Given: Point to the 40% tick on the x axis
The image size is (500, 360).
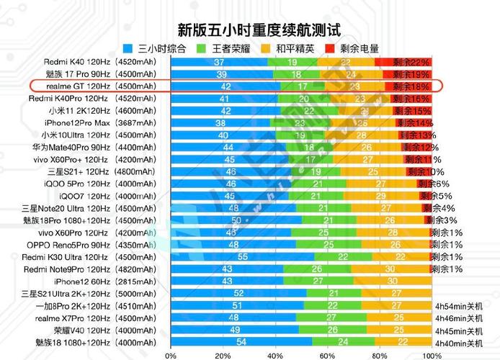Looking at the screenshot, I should pyautogui.click(x=274, y=355).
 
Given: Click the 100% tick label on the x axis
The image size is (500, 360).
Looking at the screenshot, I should pyautogui.click(x=431, y=355).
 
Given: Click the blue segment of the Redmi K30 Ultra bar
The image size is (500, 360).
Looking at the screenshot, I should pyautogui.click(x=242, y=257).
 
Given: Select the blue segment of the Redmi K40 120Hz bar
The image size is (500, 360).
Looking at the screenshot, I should pyautogui.click(x=219, y=62).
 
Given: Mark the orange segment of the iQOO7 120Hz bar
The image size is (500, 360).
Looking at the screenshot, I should pyautogui.click(x=380, y=196).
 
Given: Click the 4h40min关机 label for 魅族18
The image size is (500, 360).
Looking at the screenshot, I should pyautogui.click(x=459, y=343).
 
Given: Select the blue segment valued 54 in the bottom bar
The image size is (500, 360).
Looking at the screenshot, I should pyautogui.click(x=241, y=342).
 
